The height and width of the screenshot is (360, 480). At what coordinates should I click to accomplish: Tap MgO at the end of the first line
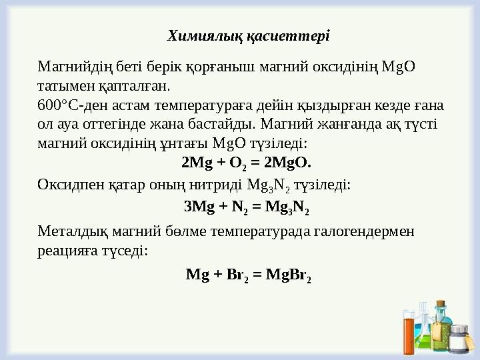[399, 67]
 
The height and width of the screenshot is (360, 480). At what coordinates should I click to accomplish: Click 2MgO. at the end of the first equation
[288, 162]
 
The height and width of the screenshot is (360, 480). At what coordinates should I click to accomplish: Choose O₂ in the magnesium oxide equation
[237, 163]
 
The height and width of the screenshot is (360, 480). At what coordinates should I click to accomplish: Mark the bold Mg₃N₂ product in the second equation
[287, 208]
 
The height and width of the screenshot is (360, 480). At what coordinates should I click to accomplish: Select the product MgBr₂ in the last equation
[289, 274]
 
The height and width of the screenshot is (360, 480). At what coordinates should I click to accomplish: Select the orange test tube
[409, 337]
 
